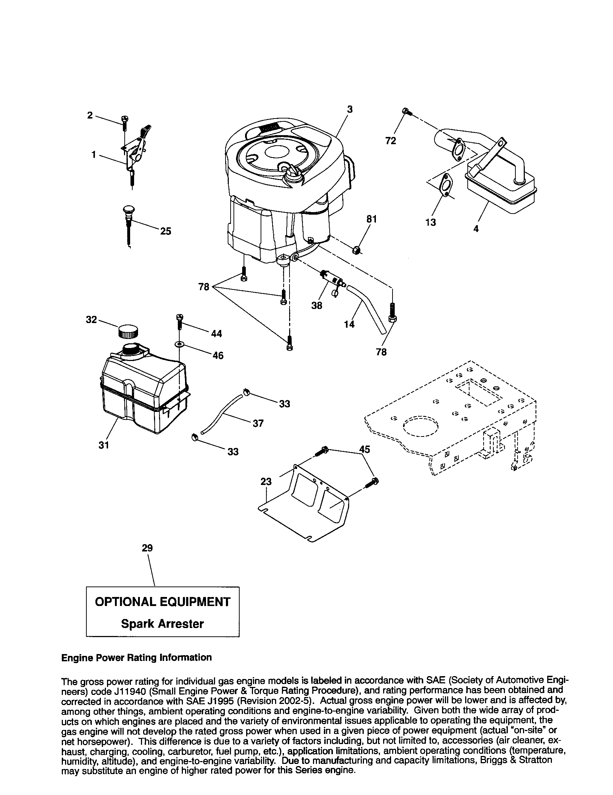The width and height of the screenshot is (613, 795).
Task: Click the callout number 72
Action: click(390, 141)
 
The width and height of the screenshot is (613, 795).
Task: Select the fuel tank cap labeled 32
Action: click(128, 332)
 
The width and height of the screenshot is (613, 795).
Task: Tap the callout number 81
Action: click(371, 219)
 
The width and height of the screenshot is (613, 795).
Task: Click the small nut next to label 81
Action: click(356, 250)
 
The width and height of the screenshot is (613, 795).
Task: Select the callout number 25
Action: click(166, 232)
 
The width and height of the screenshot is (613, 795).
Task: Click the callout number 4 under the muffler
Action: click(476, 229)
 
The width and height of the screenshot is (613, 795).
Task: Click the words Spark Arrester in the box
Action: click(162, 624)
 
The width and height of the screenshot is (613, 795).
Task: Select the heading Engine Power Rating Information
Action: click(137, 657)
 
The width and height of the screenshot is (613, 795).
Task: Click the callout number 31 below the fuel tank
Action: click(104, 445)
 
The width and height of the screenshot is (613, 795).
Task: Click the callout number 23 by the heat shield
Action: click(266, 482)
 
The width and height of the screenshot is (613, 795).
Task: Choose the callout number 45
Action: click(364, 450)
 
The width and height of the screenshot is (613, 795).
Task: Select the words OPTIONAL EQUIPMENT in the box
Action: click(162, 602)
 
